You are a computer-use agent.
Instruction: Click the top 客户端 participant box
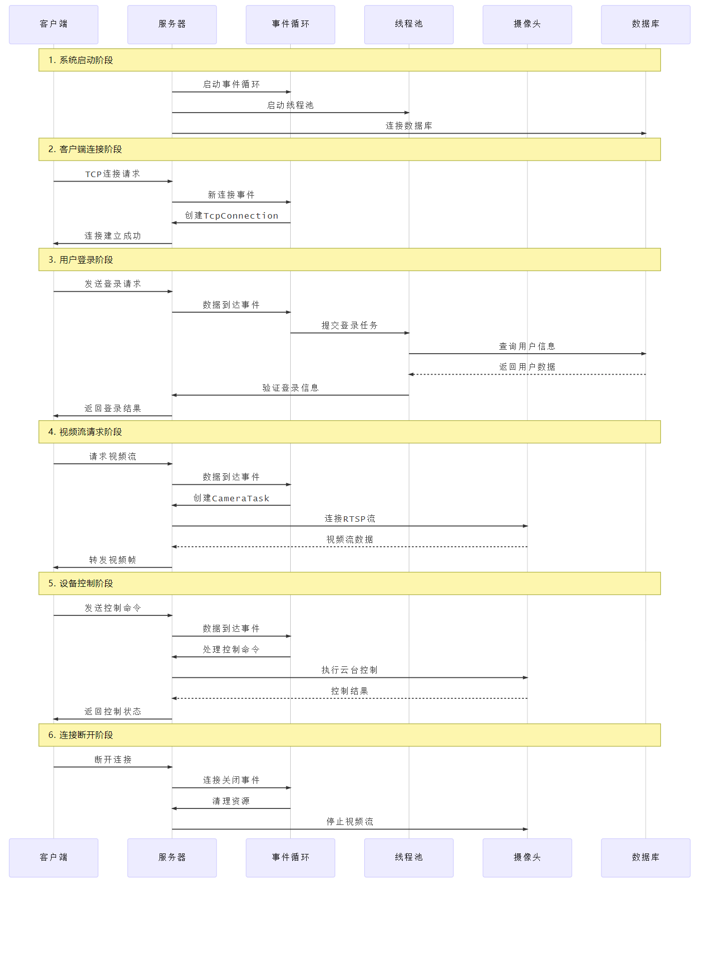(54, 25)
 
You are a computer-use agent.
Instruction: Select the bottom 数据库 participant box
(645, 857)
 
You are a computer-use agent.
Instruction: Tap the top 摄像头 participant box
(527, 25)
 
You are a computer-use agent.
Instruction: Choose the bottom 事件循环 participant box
(290, 857)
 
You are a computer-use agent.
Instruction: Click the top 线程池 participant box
(409, 25)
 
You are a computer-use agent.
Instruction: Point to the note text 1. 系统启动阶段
(81, 60)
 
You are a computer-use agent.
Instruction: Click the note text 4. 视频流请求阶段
(85, 432)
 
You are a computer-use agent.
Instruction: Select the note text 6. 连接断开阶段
(81, 735)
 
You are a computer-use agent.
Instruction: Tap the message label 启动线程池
(290, 105)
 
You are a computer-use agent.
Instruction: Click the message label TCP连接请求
(113, 174)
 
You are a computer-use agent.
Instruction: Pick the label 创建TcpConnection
(231, 216)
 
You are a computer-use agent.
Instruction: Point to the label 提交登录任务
(349, 326)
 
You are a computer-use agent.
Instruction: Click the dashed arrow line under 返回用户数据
(527, 374)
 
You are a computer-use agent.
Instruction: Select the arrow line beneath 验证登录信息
(290, 395)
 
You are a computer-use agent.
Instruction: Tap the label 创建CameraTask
(231, 498)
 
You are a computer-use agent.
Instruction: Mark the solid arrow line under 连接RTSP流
(349, 526)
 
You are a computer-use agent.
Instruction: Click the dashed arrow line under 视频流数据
(349, 547)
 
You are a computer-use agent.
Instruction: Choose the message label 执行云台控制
(349, 670)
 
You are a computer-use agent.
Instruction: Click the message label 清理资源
(231, 801)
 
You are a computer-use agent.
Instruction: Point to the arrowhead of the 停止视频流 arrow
(525, 829)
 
